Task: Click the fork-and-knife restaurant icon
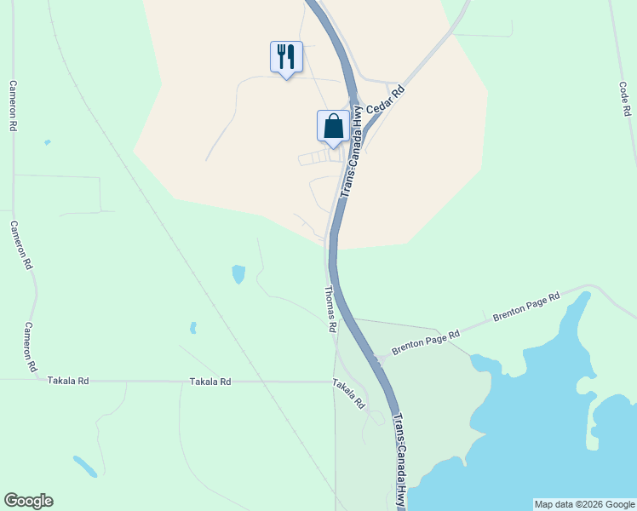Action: (x=286, y=57)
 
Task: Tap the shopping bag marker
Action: (x=333, y=127)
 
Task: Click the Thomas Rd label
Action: (x=330, y=309)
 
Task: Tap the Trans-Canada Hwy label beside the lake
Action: (x=400, y=460)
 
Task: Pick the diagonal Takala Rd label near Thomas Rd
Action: (x=349, y=393)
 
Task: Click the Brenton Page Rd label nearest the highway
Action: (x=425, y=342)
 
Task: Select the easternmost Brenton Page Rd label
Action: (x=525, y=307)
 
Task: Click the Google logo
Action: (x=28, y=501)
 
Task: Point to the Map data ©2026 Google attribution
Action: (x=583, y=504)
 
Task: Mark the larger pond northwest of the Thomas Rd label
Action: (x=238, y=274)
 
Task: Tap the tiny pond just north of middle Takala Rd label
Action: (x=193, y=328)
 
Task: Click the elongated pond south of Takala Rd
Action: (x=84, y=466)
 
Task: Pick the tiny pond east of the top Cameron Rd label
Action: (x=47, y=142)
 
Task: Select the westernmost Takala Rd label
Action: (x=68, y=382)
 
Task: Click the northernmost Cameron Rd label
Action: (x=13, y=105)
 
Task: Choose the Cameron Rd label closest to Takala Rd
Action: (x=30, y=347)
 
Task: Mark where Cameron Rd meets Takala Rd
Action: (x=36, y=381)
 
